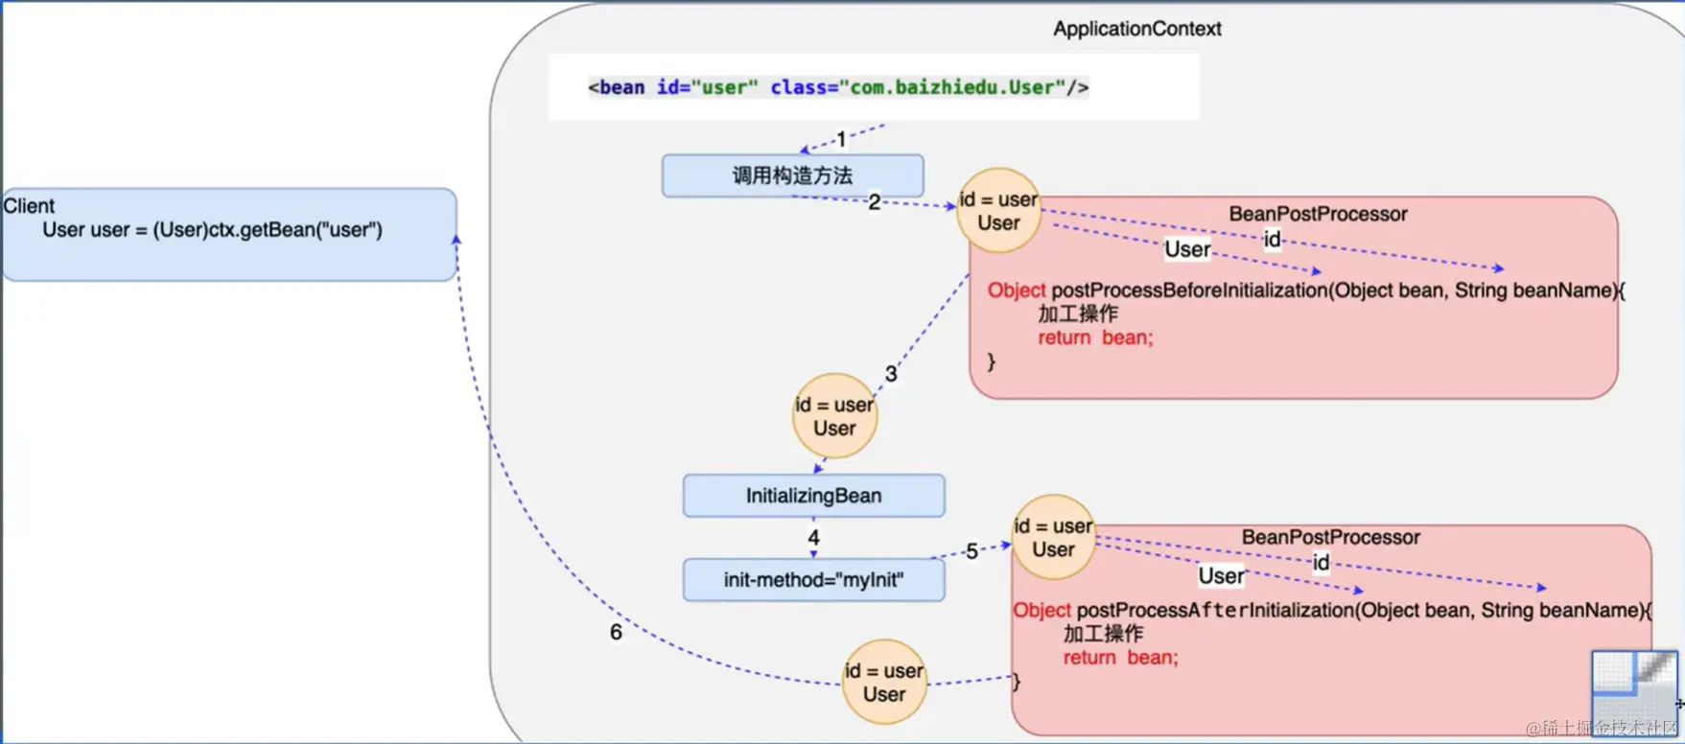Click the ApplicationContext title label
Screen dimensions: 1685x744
(x=1136, y=29)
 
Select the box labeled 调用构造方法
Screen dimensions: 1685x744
(x=793, y=175)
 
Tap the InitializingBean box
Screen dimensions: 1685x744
(x=813, y=496)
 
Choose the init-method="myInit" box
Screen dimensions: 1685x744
(x=813, y=580)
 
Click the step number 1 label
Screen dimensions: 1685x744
(x=841, y=140)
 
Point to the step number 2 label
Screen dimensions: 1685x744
(x=874, y=201)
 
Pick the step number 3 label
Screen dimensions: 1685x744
(x=891, y=374)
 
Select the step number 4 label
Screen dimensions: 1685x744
(x=813, y=538)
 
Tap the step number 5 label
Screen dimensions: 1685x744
(x=971, y=551)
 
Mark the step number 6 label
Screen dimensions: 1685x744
(x=616, y=633)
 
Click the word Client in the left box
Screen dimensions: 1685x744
(x=29, y=206)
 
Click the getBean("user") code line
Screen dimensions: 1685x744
(x=212, y=230)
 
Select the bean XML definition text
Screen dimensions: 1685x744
(x=838, y=87)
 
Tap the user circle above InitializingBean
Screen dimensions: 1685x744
(x=834, y=416)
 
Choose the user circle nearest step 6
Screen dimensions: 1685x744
(x=883, y=682)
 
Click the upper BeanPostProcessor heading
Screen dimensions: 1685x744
(x=1318, y=214)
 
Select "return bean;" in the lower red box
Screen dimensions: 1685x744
(x=1120, y=658)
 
